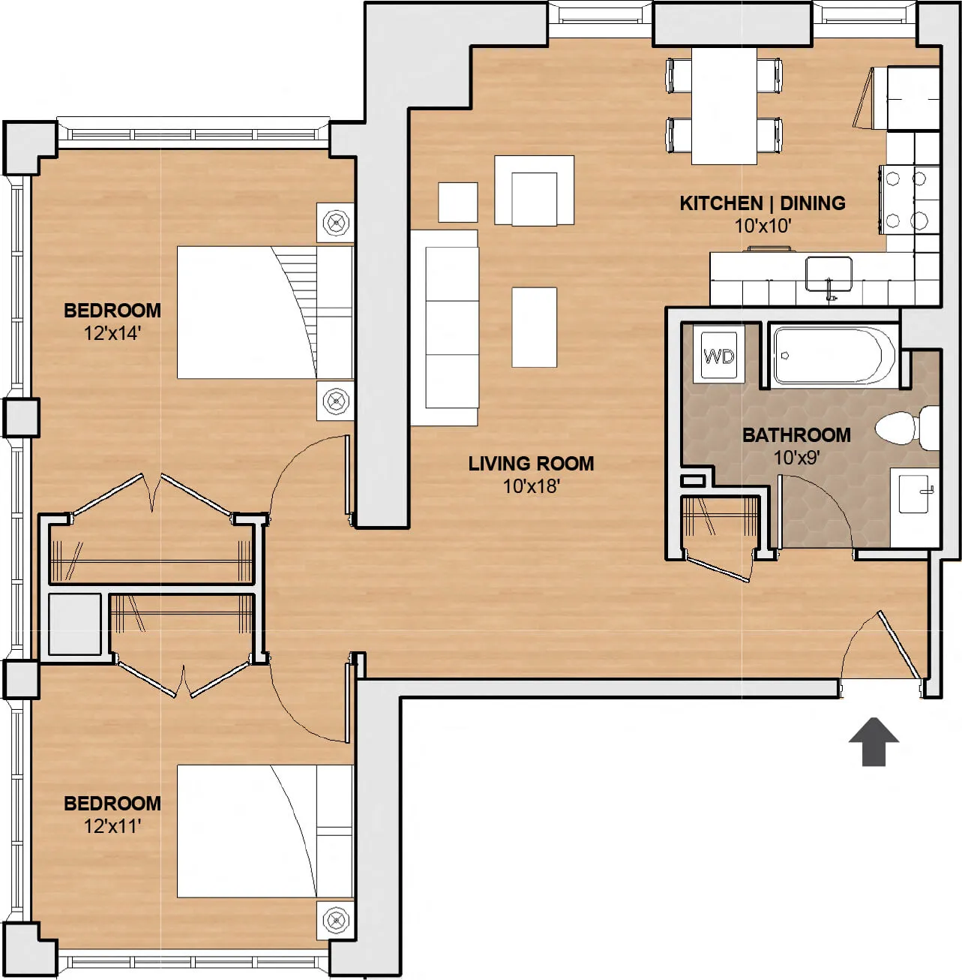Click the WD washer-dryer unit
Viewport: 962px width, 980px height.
pos(718,356)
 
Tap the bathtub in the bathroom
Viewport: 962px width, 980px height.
pos(832,355)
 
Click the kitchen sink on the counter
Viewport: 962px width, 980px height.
pos(829,273)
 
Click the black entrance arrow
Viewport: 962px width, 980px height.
pos(874,741)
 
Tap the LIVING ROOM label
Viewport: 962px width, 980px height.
pos(531,464)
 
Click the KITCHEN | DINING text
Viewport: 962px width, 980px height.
pos(762,203)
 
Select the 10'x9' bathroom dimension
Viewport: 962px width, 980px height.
pos(796,458)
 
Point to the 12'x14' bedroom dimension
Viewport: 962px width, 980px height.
pos(112,333)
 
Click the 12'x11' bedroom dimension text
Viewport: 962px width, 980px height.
pos(112,826)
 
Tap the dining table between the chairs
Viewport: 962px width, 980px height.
pos(724,106)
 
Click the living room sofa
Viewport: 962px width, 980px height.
pos(445,327)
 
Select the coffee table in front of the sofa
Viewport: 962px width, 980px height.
pos(534,327)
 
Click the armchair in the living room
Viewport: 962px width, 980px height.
pos(534,191)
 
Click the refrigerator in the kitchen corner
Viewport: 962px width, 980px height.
pos(912,98)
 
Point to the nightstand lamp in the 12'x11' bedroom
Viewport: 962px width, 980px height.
pos(335,920)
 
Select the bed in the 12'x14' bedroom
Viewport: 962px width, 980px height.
pos(262,312)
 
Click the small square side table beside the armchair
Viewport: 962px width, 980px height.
pos(457,203)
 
